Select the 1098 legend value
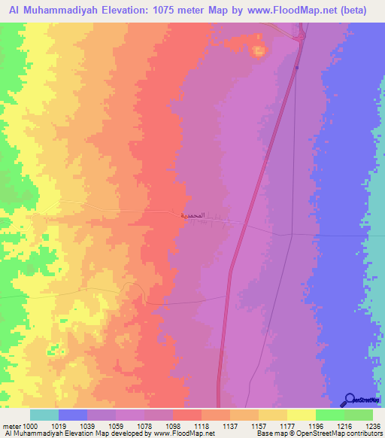(157, 426)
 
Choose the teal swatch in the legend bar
(44, 415)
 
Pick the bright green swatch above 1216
(329, 415)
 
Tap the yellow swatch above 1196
(301, 415)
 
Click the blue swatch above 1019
(73, 415)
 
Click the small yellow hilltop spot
(259, 51)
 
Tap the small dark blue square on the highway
(297, 68)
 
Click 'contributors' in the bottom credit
(360, 434)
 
